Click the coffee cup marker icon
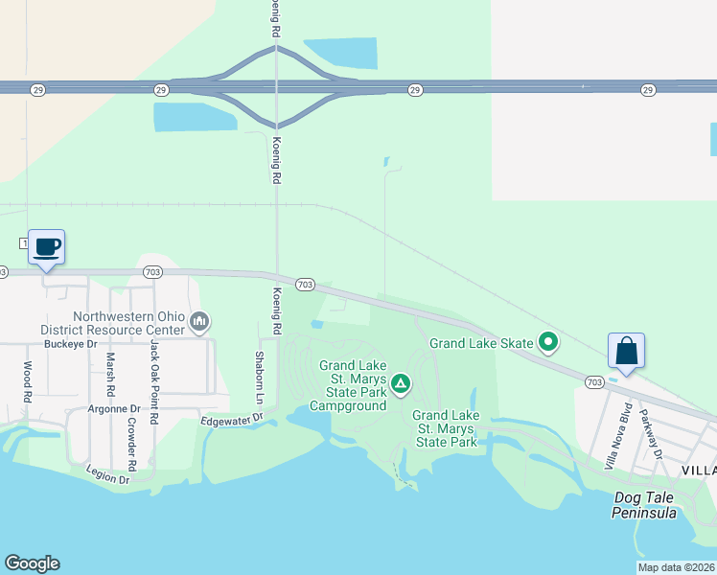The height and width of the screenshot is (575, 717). click(x=46, y=247)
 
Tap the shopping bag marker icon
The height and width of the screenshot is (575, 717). click(x=626, y=350)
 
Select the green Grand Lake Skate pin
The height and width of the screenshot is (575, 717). click(x=548, y=340)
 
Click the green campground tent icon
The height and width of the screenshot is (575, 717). click(x=401, y=385)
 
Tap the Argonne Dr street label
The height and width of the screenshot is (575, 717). click(x=115, y=408)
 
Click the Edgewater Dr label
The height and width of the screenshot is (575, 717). click(x=231, y=420)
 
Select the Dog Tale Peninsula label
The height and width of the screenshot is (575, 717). click(x=645, y=505)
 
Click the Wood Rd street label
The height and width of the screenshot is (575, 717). click(x=27, y=381)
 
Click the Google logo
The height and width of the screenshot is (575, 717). click(x=32, y=563)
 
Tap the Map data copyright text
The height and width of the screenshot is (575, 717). click(x=675, y=567)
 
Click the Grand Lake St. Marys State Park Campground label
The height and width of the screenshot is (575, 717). click(x=352, y=385)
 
